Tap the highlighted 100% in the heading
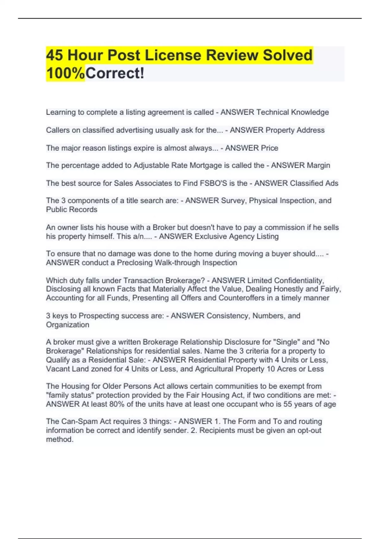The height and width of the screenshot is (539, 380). click(x=66, y=73)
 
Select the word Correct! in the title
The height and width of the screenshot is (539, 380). click(x=115, y=73)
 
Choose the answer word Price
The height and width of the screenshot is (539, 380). click(x=269, y=148)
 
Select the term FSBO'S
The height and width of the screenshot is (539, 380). click(x=213, y=183)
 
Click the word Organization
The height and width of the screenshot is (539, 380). click(x=67, y=325)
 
